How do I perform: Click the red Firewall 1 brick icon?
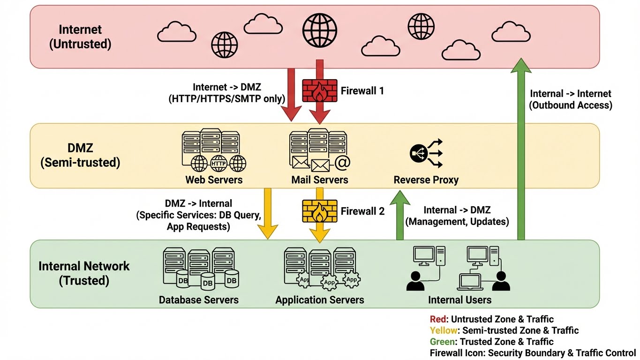click(319, 90)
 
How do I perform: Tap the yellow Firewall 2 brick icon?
click(319, 211)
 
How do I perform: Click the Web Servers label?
click(214, 180)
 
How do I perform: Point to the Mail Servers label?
click(320, 180)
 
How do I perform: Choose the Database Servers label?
click(199, 300)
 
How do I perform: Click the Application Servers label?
click(320, 300)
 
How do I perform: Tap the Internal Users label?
click(459, 300)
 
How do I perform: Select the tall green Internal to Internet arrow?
click(520, 150)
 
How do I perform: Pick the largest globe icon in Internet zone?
click(320, 29)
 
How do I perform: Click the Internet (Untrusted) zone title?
click(80, 37)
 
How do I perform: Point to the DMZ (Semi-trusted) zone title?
click(80, 156)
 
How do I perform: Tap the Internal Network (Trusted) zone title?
click(84, 273)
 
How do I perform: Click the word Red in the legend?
click(437, 320)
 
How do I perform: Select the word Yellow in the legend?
click(443, 330)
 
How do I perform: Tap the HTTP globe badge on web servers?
click(218, 164)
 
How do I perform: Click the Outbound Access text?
click(570, 105)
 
